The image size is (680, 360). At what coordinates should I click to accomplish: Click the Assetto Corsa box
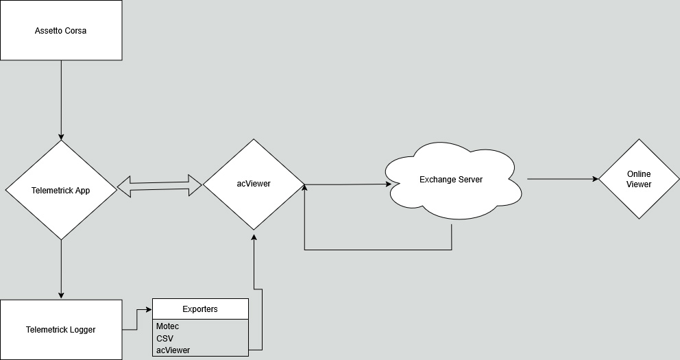(61, 30)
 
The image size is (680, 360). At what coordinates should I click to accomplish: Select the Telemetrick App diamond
(61, 190)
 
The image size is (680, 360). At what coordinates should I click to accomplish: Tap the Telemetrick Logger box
(61, 330)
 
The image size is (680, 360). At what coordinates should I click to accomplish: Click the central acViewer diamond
(254, 184)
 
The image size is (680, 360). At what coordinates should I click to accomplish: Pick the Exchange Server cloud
(453, 180)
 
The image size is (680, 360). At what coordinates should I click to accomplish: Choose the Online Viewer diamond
(639, 179)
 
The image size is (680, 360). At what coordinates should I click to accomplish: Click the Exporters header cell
(200, 309)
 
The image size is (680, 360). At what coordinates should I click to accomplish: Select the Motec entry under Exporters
(167, 326)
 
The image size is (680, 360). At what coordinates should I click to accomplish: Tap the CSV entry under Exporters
(165, 338)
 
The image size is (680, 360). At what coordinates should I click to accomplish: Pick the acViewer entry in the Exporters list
(173, 350)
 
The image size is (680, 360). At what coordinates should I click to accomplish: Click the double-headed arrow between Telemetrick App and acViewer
(160, 186)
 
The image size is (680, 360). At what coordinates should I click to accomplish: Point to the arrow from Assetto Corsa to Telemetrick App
(61, 100)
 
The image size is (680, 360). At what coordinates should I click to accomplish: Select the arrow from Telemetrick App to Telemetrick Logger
(61, 269)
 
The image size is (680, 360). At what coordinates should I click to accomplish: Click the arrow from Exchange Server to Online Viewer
(563, 179)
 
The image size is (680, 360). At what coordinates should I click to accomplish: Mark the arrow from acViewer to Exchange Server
(348, 184)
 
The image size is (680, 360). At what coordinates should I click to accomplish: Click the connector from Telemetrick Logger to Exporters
(137, 320)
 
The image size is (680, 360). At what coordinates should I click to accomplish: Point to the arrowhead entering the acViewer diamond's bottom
(254, 237)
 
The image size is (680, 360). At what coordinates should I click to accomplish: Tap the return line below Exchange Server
(378, 250)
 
